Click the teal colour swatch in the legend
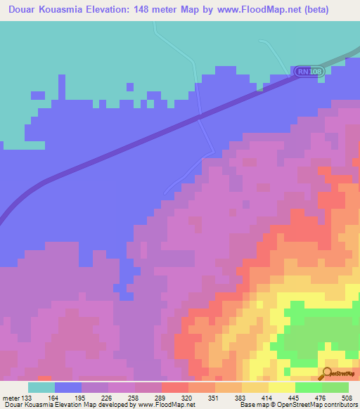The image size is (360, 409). coord(41,387)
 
